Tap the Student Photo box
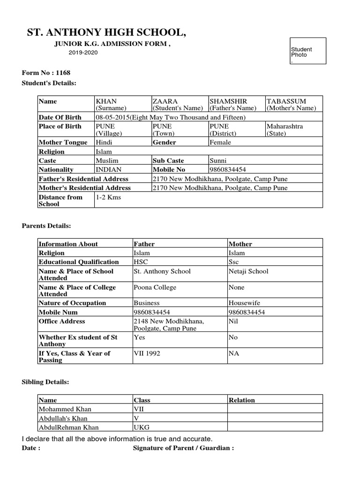coord(307,51)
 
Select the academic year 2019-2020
coord(83,52)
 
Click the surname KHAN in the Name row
coord(106,101)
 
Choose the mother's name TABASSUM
coord(286,101)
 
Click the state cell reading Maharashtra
coord(284,127)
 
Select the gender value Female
coord(220,142)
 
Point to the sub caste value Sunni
coord(219,160)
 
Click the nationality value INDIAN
coord(108,170)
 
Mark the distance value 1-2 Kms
coord(108,197)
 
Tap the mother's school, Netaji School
coord(248,271)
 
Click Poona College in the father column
coord(155,287)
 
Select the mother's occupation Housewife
coord(243,303)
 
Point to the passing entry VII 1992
coord(147,353)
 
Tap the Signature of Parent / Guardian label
coord(183,448)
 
